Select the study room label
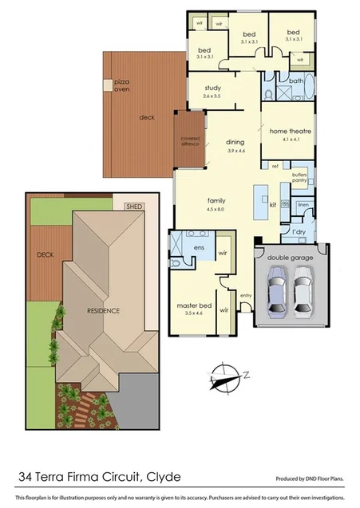211,92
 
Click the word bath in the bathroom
296,81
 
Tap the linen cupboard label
303,206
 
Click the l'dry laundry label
299,231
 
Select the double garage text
288,256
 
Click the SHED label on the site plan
133,207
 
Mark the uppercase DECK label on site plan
45,255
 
